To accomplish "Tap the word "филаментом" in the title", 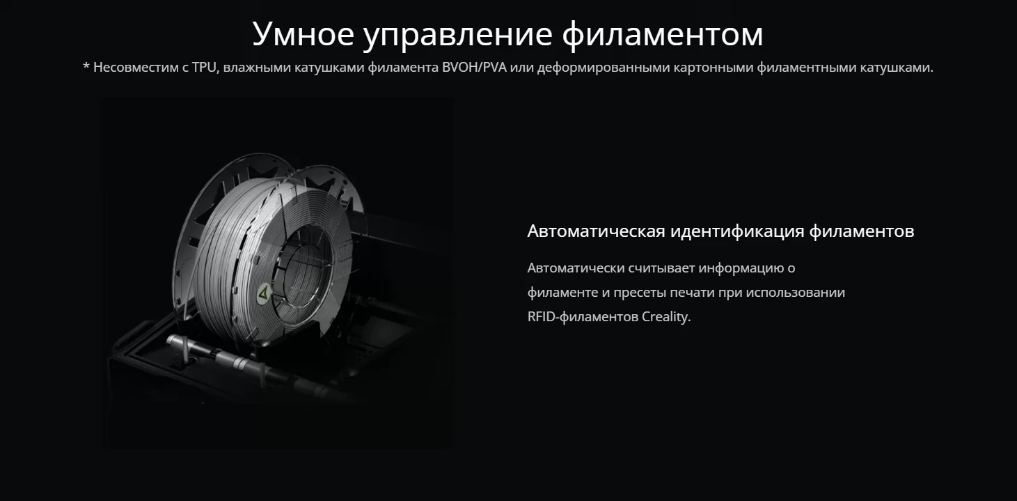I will point(662,33).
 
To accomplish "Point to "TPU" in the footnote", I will point(205,68).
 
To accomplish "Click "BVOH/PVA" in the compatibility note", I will point(479,68).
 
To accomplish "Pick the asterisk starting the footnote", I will point(86,68).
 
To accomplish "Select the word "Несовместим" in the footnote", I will point(134,68).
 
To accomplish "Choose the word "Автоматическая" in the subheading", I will point(596,231).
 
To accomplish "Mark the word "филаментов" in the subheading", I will point(862,231).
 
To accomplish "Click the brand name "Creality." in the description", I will point(666,317).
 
